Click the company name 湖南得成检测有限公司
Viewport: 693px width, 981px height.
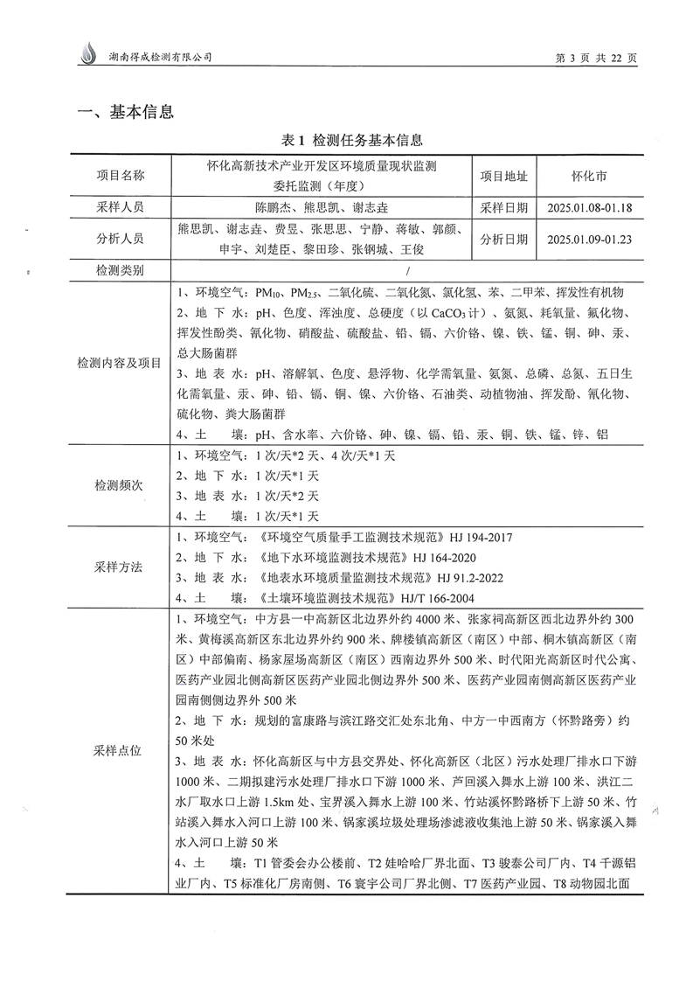tap(158, 57)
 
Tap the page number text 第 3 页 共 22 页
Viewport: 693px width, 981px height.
tap(597, 58)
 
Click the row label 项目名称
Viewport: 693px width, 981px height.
tap(121, 175)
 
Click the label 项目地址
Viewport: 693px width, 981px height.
tap(503, 175)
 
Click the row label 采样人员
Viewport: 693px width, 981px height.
tap(121, 208)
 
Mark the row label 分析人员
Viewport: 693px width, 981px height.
tap(121, 239)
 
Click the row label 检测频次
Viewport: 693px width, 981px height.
tap(121, 485)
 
